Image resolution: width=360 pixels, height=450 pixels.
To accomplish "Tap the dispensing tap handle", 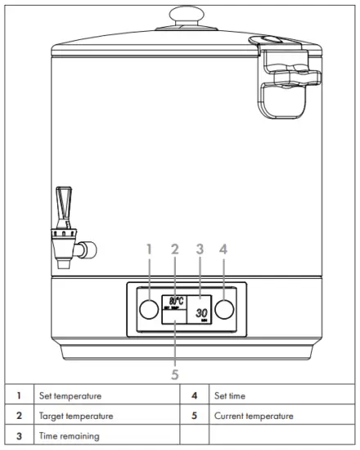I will [x=64, y=203].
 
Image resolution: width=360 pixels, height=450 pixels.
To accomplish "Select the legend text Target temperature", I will [x=76, y=416].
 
